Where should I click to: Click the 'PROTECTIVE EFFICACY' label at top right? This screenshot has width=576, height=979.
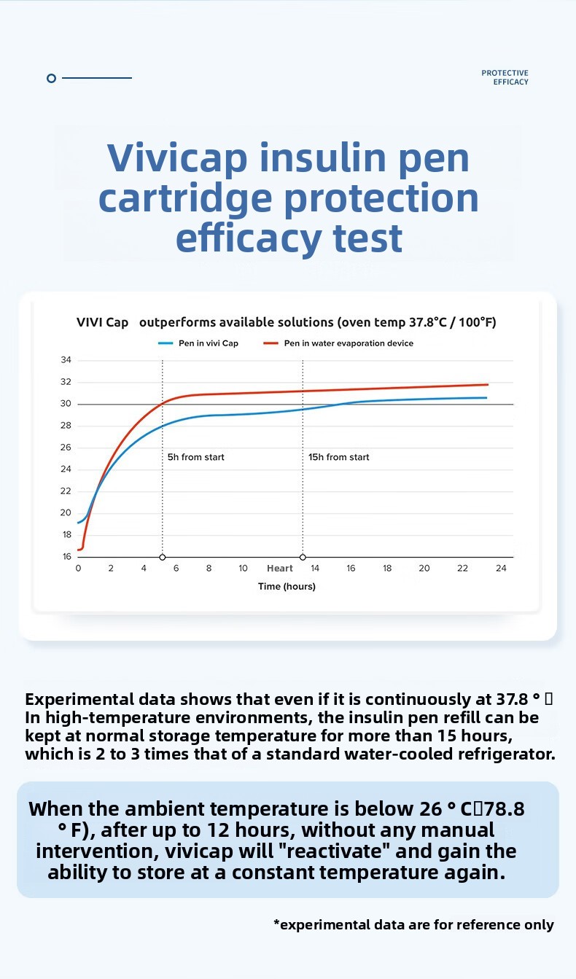click(x=505, y=77)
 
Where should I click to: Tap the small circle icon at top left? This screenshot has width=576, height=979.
click(x=51, y=78)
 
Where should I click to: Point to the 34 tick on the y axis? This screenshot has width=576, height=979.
click(x=66, y=360)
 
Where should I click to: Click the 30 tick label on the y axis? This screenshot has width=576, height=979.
click(x=66, y=404)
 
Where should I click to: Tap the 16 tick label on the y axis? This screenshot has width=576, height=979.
click(x=66, y=557)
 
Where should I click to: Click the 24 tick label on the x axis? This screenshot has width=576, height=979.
click(x=501, y=569)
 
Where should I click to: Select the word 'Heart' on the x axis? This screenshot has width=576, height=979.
click(x=280, y=569)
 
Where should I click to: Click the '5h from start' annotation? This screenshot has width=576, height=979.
click(x=196, y=457)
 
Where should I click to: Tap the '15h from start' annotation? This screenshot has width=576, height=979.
click(x=338, y=457)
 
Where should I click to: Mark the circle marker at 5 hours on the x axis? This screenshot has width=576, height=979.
click(x=163, y=558)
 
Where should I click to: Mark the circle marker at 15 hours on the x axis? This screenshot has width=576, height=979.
click(x=303, y=558)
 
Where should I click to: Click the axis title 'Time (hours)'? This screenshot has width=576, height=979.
click(x=287, y=587)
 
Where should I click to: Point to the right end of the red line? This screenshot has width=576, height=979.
click(x=487, y=384)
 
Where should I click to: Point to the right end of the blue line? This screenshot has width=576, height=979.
click(x=486, y=397)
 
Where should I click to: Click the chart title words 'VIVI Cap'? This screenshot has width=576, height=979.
click(x=102, y=322)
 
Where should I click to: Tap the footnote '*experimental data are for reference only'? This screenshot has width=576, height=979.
click(x=413, y=925)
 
